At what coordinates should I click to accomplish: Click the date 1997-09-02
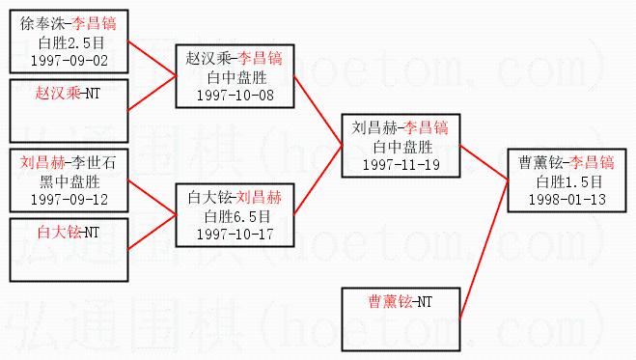pyautogui.click(x=69, y=61)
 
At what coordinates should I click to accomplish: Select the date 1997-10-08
pyautogui.click(x=235, y=96)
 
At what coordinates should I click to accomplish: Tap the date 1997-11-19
pyautogui.click(x=401, y=165)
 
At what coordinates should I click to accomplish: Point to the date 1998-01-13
pyautogui.click(x=567, y=200)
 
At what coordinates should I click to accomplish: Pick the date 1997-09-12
pyautogui.click(x=69, y=200)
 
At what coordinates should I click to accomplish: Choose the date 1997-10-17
pyautogui.click(x=235, y=235)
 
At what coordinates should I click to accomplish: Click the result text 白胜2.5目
pyautogui.click(x=71, y=42)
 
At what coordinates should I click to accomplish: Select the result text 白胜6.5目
pyautogui.click(x=237, y=216)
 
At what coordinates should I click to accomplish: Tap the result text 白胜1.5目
pyautogui.click(x=569, y=182)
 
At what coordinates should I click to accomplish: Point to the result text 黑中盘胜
pyautogui.click(x=69, y=181)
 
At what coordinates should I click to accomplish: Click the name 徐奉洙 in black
pyautogui.click(x=42, y=24)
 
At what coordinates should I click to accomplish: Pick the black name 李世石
pyautogui.click(x=95, y=163)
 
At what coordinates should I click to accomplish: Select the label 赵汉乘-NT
pyautogui.click(x=68, y=94)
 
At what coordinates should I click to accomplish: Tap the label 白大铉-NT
pyautogui.click(x=69, y=233)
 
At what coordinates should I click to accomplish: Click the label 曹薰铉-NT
pyautogui.click(x=400, y=302)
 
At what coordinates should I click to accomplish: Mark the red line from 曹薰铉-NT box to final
pyautogui.click(x=484, y=250)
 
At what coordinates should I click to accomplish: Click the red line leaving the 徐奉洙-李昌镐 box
pyautogui.click(x=152, y=58)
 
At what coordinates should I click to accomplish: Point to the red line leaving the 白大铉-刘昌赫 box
pyautogui.click(x=318, y=180)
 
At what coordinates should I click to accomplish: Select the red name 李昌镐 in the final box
pyautogui.click(x=592, y=163)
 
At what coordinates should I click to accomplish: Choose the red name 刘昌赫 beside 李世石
pyautogui.click(x=42, y=163)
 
